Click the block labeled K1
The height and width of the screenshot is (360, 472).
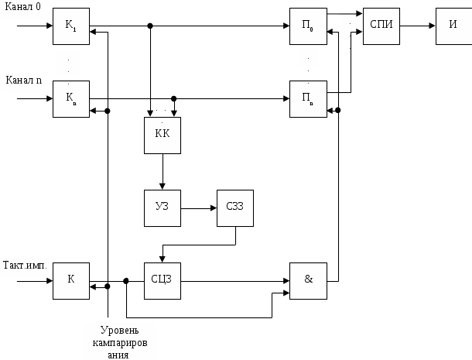(71, 27)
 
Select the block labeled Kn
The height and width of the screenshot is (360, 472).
(71, 99)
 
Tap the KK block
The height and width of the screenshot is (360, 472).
(162, 135)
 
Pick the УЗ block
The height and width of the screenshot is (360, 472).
(162, 207)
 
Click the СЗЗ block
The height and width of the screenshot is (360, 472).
(235, 207)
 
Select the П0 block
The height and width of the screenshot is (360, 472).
(308, 27)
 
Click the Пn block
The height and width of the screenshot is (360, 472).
(308, 99)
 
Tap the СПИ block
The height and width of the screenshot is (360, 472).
(381, 27)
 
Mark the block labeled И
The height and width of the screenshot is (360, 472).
(453, 27)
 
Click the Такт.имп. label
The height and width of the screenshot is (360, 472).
(26, 265)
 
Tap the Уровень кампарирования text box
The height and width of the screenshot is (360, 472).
(119, 341)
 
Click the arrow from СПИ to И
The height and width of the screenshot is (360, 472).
(417, 27)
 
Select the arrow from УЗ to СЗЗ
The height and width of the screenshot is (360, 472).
(199, 207)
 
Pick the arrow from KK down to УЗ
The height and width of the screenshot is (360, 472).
(162, 171)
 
